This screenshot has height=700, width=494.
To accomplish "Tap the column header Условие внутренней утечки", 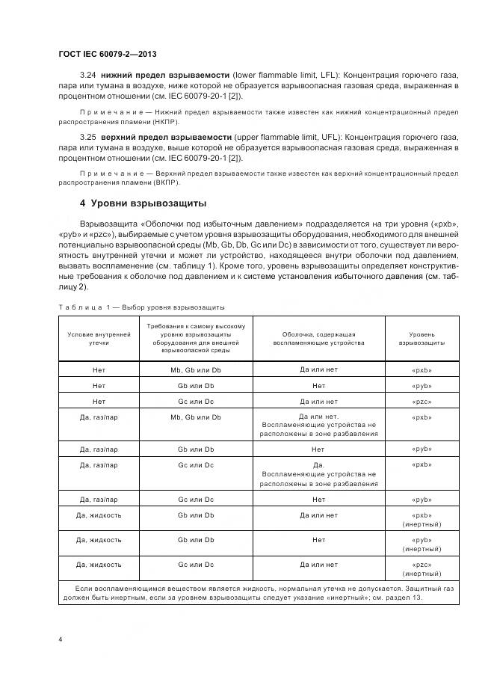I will click(x=99, y=338).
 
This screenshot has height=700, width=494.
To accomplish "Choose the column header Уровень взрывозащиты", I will click(x=422, y=338).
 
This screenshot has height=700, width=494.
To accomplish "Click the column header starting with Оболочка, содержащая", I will click(x=318, y=338).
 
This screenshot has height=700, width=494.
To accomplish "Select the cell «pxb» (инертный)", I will click(x=422, y=520).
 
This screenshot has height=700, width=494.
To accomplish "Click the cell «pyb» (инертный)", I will click(x=422, y=543).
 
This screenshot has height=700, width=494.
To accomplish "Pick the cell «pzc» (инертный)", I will click(x=422, y=568).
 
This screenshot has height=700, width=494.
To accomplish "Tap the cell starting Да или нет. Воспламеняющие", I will click(x=318, y=424).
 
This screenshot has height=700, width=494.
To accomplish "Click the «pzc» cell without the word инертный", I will click(x=422, y=402).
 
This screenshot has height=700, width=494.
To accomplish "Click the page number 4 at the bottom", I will click(x=60, y=639).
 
